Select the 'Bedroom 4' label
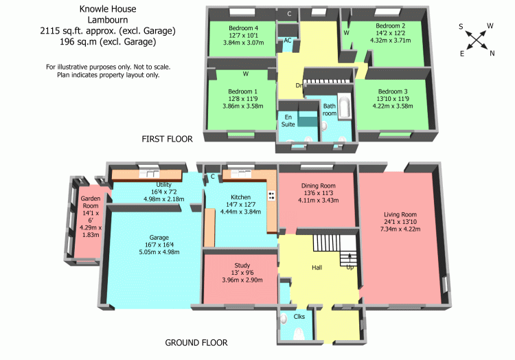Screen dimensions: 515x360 coord(241,28)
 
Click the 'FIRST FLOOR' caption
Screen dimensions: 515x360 coord(167,139)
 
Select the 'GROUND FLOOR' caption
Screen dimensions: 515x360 coord(197,342)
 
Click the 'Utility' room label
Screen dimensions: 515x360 coord(163,184)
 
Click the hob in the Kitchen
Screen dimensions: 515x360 coord(272,195)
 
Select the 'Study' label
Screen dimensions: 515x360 coord(242,265)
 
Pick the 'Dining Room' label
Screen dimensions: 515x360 coord(319,185)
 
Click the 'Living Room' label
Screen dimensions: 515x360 coord(400,215)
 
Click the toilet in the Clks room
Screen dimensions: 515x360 coord(299,334)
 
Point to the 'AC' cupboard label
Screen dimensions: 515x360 coord(288,41)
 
